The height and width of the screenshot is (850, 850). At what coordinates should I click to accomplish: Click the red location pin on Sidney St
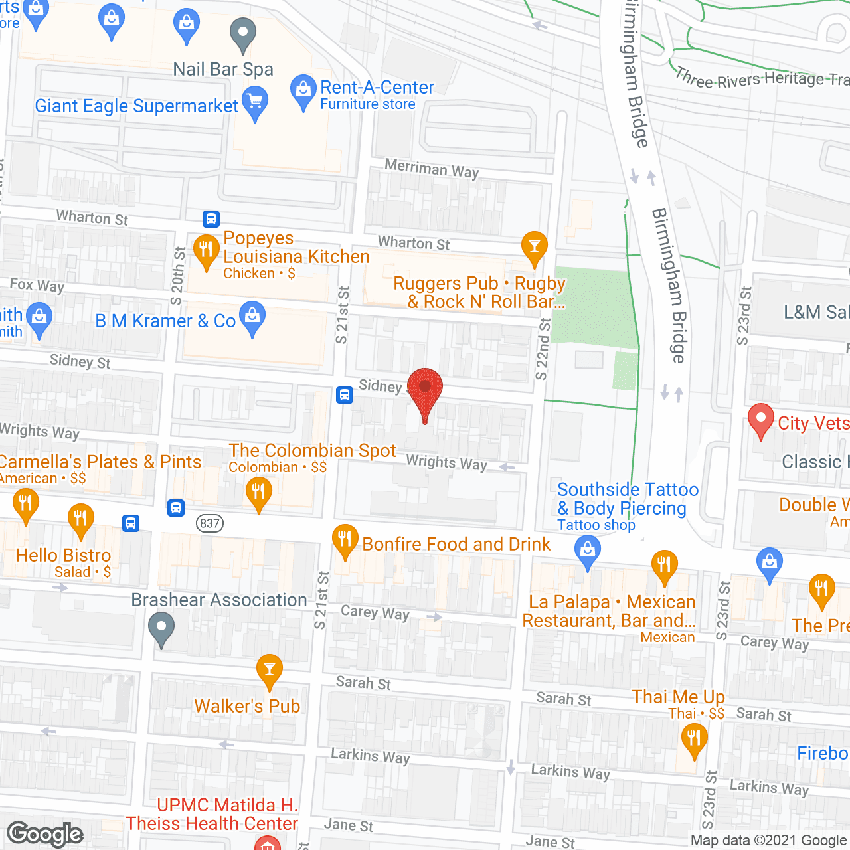[424, 389]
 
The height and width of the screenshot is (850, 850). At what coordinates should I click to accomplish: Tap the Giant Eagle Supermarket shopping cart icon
[255, 104]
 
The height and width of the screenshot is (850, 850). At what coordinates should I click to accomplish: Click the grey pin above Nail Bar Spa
[242, 33]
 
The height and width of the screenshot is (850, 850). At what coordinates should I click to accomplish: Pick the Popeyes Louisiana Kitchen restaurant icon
[206, 250]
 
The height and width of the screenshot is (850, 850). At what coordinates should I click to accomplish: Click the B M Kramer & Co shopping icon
[252, 317]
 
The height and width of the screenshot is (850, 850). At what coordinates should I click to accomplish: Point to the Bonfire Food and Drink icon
[344, 539]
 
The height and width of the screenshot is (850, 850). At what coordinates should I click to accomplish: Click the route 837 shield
[209, 523]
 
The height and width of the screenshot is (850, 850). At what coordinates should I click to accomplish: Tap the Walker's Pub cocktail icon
[269, 669]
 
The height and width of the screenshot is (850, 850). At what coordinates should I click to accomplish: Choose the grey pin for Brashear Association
[161, 627]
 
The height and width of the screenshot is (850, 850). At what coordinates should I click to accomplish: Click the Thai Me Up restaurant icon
[694, 738]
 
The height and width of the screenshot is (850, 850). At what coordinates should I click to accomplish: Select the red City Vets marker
[760, 420]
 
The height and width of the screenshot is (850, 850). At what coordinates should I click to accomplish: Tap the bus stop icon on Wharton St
[211, 218]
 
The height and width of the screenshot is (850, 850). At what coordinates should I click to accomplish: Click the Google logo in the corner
[45, 834]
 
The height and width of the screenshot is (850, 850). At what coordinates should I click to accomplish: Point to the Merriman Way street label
[432, 169]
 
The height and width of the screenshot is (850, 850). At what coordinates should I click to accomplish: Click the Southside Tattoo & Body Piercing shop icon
[587, 551]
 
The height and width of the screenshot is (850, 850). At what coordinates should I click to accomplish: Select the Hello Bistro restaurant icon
[80, 518]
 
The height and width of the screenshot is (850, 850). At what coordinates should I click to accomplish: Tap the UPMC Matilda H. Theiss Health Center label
[212, 814]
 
